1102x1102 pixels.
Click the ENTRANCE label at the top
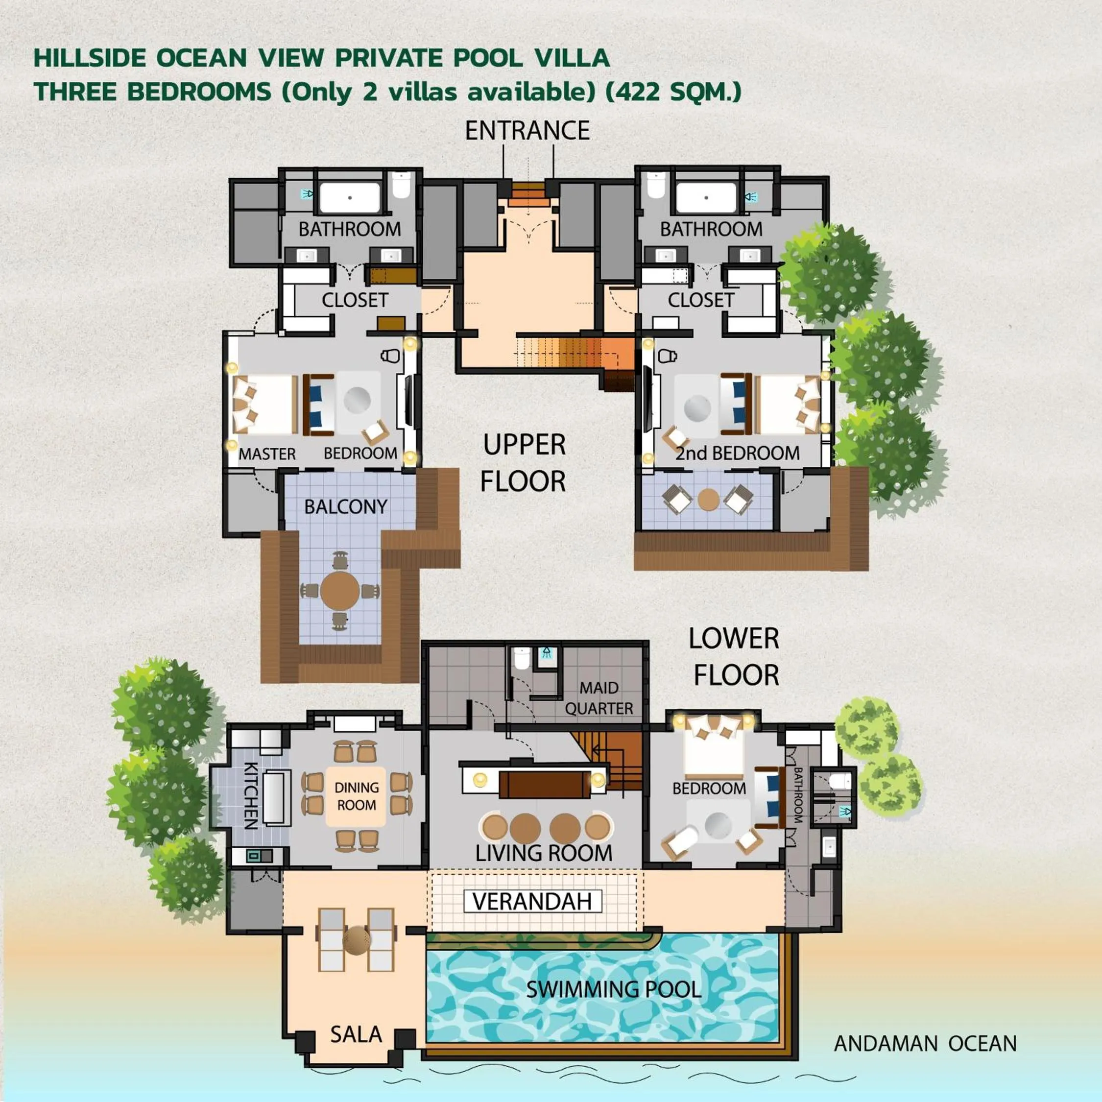pos(527,131)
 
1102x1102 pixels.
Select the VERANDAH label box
pos(532,901)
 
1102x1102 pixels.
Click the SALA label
pos(356,1034)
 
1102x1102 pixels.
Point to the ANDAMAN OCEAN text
pos(925,1044)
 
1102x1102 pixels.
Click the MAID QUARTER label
pos(599,698)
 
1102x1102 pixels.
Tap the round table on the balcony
pos(340,590)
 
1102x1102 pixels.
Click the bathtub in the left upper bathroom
pos(350,197)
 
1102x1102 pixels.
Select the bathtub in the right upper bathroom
pos(706,197)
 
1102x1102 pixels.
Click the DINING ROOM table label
pos(356,796)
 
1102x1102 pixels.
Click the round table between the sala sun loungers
pos(357,940)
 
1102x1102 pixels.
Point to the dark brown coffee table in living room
pos(544,784)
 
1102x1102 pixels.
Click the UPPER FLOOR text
pos(524,463)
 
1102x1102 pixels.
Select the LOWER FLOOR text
pos(735,657)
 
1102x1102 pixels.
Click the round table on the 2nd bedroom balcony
pos(708,500)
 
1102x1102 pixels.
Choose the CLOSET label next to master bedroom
pos(355,300)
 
